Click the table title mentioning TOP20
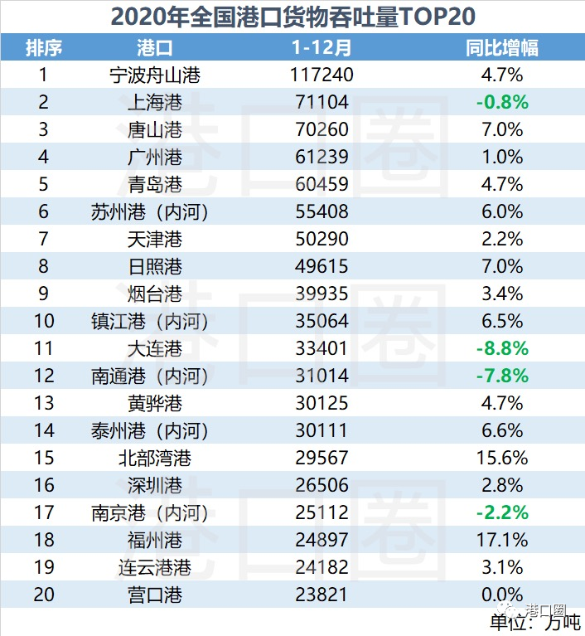click(292, 16)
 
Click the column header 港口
click(155, 47)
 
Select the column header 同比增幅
click(502, 47)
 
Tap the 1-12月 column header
click(321, 47)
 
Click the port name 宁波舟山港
click(155, 75)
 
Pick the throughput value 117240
click(322, 75)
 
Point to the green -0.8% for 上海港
click(502, 103)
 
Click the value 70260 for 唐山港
click(322, 130)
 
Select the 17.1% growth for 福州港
click(502, 541)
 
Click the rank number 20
click(43, 595)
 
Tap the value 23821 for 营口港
click(322, 595)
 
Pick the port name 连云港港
click(155, 568)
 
